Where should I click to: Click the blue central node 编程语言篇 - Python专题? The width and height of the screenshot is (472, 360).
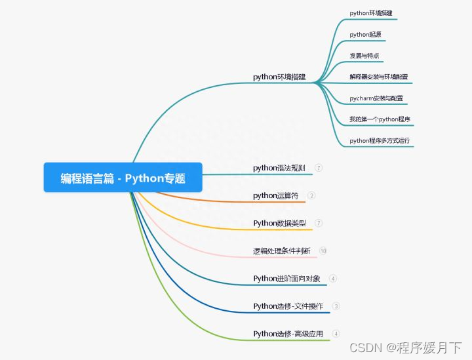pyautogui.click(x=123, y=178)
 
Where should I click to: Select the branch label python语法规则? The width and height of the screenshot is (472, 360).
pyautogui.click(x=279, y=168)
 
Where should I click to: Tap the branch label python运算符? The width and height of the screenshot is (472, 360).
pyautogui.click(x=275, y=195)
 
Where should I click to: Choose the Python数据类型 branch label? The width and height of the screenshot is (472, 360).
pyautogui.click(x=279, y=223)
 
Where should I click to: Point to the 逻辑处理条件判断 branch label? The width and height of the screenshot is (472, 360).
pyautogui.click(x=281, y=250)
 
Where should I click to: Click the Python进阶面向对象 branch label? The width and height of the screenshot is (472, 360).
pyautogui.click(x=286, y=278)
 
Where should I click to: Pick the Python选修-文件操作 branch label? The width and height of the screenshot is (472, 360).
pyautogui.click(x=288, y=306)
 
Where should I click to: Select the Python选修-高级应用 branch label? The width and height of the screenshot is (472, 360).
pyautogui.click(x=288, y=333)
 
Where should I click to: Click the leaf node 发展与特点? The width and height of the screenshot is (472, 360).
pyautogui.click(x=364, y=56)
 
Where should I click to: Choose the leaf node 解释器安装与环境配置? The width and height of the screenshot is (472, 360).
pyautogui.click(x=378, y=77)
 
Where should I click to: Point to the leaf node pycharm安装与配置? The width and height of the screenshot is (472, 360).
pyautogui.click(x=376, y=98)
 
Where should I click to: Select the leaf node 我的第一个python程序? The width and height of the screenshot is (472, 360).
pyautogui.click(x=380, y=119)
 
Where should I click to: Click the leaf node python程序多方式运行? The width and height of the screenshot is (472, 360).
pyautogui.click(x=380, y=140)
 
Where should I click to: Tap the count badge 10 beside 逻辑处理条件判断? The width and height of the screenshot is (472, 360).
pyautogui.click(x=323, y=250)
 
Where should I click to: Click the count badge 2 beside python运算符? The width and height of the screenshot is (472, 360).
pyautogui.click(x=311, y=195)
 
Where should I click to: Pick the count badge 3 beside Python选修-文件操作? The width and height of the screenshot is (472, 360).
pyautogui.click(x=336, y=306)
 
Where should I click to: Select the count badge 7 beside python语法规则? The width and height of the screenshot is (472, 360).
pyautogui.click(x=319, y=168)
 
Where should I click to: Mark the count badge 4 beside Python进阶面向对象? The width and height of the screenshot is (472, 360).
pyautogui.click(x=333, y=278)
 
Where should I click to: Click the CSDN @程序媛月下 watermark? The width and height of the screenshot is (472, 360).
pyautogui.click(x=406, y=347)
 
